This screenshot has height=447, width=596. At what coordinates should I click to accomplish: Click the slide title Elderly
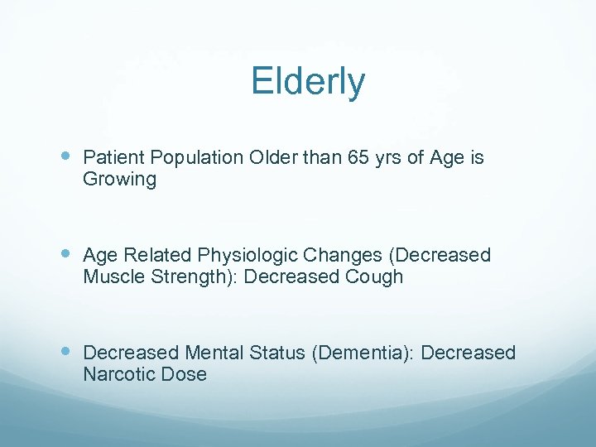point(308,82)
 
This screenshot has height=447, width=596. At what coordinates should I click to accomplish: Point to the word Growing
point(119,179)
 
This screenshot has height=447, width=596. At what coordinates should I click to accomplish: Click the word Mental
point(216,353)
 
